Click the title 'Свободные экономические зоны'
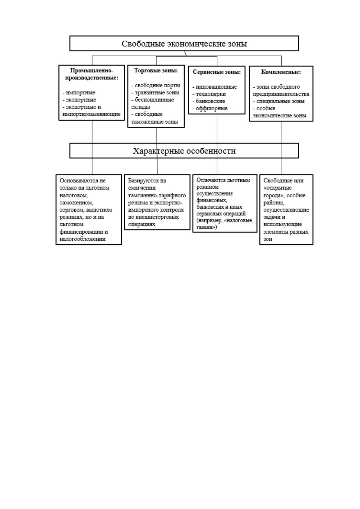click(x=184, y=44)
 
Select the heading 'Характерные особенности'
click(x=184, y=151)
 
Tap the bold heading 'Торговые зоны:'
click(x=156, y=71)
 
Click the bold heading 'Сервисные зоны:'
click(x=217, y=72)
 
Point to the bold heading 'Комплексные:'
click(x=281, y=72)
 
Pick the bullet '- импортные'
click(x=79, y=93)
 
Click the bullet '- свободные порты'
click(x=156, y=86)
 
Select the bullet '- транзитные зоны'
click(x=155, y=93)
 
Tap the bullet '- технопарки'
click(x=209, y=94)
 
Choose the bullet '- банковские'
click(x=209, y=101)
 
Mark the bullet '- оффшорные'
click(x=210, y=109)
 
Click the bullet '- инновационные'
click(x=215, y=87)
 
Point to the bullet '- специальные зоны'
click(x=279, y=101)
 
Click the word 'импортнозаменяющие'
click(x=91, y=114)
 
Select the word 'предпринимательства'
click(x=281, y=94)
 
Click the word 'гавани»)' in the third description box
click(x=206, y=227)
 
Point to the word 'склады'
click(x=141, y=107)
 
